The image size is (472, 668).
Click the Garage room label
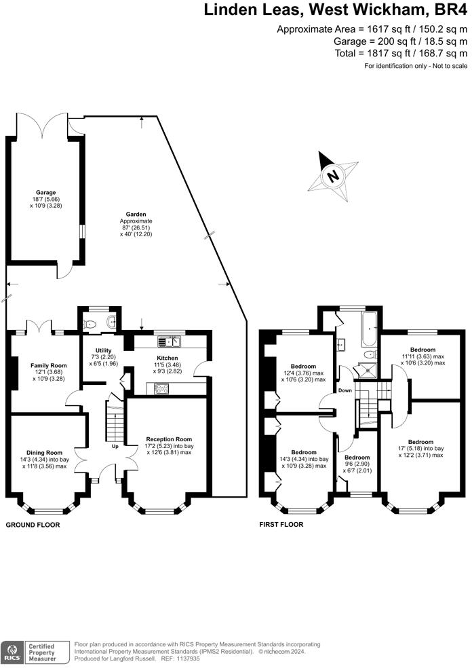coord(45,193)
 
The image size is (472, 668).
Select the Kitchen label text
coord(168,358)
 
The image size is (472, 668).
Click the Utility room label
coord(104,350)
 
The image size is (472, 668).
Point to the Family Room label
coord(49,365)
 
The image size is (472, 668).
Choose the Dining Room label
coord(44,453)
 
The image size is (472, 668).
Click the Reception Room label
coord(169,439)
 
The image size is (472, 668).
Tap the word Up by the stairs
coord(115,447)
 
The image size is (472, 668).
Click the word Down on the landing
coord(345,390)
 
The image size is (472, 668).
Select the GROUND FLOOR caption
coord(33,525)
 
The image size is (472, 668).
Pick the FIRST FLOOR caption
coord(281,525)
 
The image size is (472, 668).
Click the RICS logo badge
coord(12,652)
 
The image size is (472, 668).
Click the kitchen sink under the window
coord(170,341)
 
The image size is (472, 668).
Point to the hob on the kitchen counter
coord(161,388)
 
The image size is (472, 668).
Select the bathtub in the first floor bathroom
coord(368,329)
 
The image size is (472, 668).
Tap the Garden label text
coord(136,215)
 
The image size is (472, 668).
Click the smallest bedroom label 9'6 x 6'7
coord(357,464)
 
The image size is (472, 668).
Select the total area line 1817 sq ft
coord(401,53)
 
